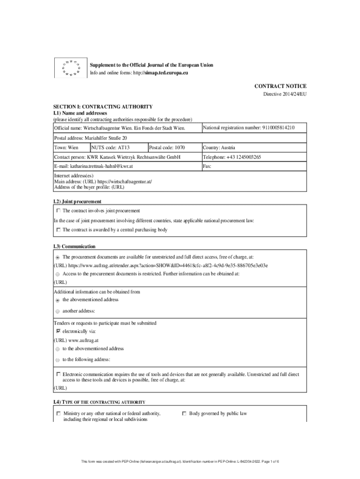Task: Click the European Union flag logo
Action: click(67, 68)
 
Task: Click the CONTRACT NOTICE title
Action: click(280, 86)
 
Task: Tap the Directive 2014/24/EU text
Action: click(285, 94)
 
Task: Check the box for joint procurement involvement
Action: click(58, 211)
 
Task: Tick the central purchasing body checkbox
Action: click(58, 230)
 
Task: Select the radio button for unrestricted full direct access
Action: click(58, 257)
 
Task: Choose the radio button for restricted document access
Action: click(58, 274)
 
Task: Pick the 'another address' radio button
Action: click(58, 311)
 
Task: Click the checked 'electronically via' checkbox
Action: click(58, 331)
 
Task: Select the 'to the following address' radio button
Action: click(58, 360)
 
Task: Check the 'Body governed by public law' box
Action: click(184, 414)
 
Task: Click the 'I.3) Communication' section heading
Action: click(75, 246)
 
